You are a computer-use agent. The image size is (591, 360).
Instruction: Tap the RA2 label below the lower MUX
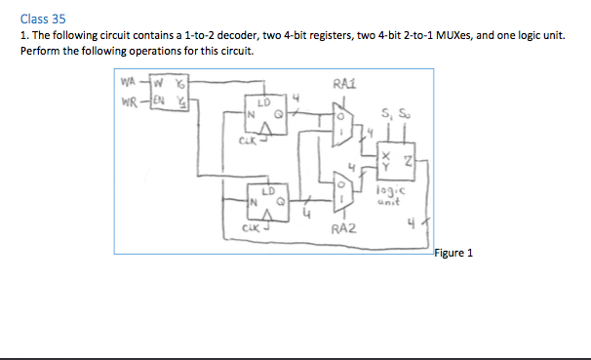click(343, 230)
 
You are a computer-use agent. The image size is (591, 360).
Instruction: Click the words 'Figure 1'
click(453, 253)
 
